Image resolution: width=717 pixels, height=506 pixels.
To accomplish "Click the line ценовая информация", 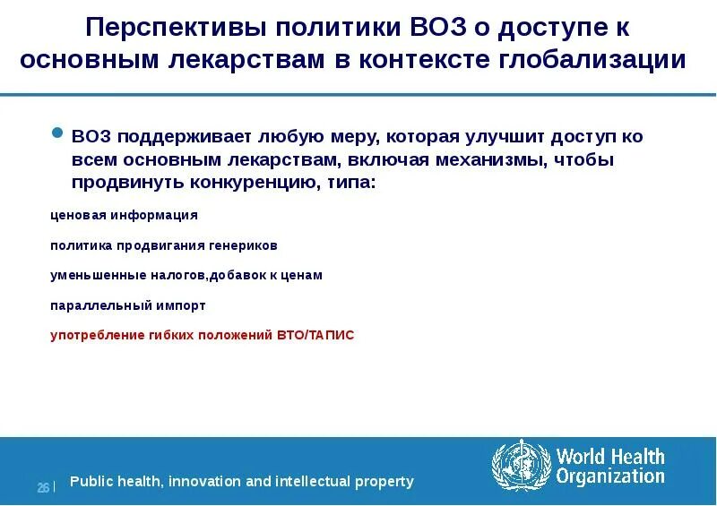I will pyautogui.click(x=124, y=215).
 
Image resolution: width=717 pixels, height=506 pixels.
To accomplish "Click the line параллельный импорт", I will pyautogui.click(x=127, y=305).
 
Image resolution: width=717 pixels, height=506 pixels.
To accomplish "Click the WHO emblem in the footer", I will pyautogui.click(x=519, y=464).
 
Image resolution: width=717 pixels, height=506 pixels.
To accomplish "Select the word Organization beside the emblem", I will pyautogui.click(x=609, y=477).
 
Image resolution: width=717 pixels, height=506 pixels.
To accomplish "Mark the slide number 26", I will pyautogui.click(x=42, y=487).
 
